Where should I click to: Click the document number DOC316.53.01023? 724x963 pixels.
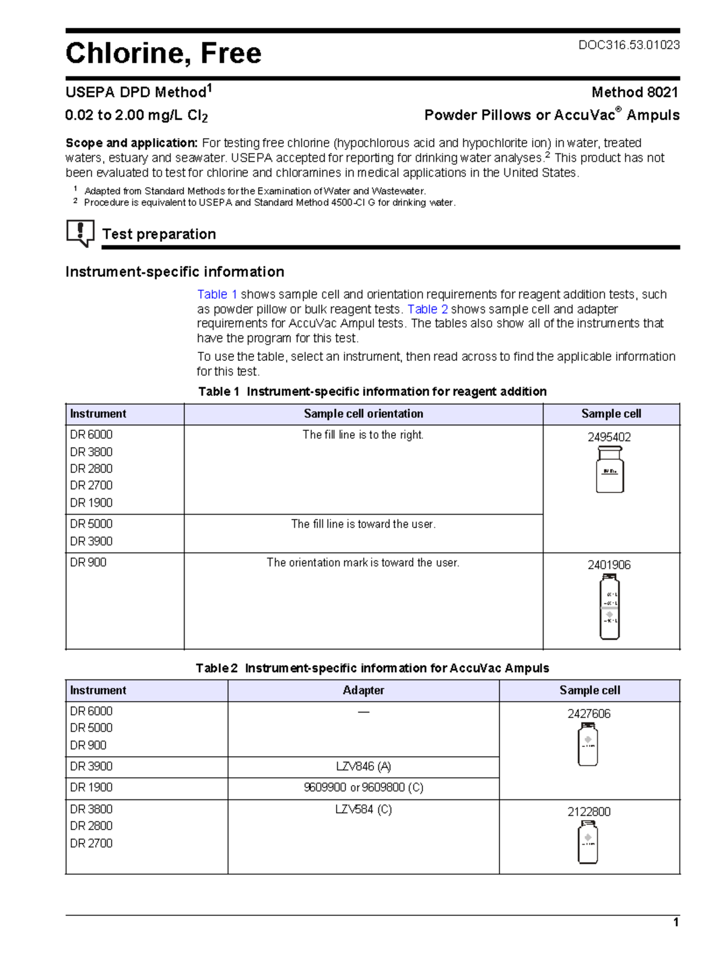(629, 45)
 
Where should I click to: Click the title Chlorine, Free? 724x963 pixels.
(164, 53)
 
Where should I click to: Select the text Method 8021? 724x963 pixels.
(635, 92)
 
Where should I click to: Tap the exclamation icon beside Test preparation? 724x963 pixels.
(80, 232)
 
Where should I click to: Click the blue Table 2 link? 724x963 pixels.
(427, 310)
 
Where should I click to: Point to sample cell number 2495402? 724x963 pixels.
(609, 437)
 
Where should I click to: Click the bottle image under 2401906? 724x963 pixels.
(609, 606)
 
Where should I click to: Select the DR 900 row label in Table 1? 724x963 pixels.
(88, 562)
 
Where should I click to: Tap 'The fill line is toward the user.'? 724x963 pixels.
(363, 524)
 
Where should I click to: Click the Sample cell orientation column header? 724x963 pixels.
(363, 414)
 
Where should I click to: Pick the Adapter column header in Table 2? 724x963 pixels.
(363, 690)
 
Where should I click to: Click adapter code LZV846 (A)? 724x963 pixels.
(363, 767)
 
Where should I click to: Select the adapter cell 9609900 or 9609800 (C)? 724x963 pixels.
(363, 788)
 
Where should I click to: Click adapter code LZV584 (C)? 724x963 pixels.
(363, 810)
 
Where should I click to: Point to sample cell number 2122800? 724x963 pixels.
(589, 812)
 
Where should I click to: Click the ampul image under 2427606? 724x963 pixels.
(588, 745)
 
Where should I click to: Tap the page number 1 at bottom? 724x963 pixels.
(676, 923)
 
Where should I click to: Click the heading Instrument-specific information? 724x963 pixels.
(174, 272)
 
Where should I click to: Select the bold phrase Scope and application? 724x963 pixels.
(132, 143)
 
